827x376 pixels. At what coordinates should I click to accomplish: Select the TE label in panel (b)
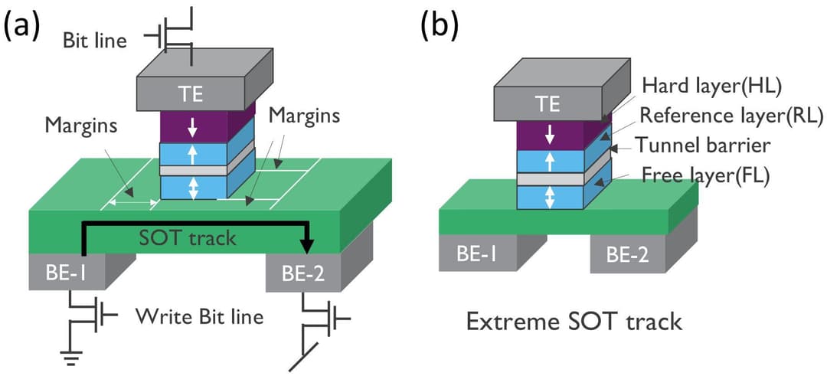point(548,104)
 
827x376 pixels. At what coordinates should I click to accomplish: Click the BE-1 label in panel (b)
point(470,253)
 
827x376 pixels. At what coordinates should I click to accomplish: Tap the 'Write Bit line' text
point(199,316)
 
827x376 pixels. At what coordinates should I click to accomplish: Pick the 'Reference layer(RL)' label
point(731,116)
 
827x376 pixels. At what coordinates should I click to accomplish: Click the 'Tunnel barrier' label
point(711,145)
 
